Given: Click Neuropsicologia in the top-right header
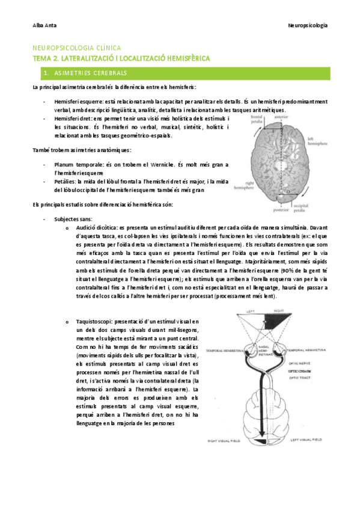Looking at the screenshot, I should [308, 26].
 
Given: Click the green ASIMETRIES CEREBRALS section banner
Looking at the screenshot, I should [180, 73].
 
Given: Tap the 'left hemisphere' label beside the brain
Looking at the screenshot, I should [318, 141].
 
